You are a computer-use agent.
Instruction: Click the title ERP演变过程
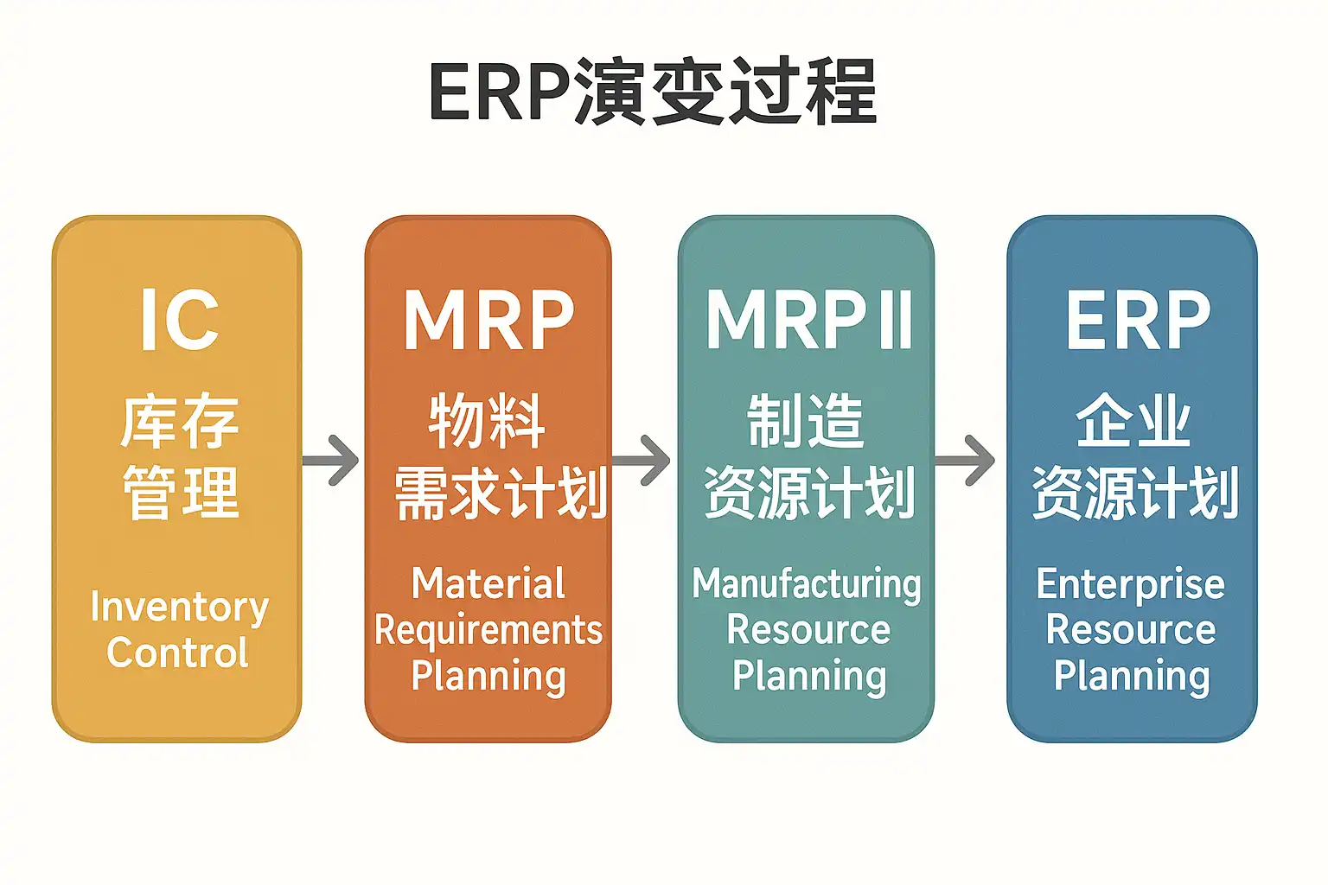pyautogui.click(x=653, y=92)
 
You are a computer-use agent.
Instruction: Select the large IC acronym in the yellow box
pyautogui.click(x=179, y=320)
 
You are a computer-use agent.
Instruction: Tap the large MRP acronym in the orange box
pyautogui.click(x=488, y=320)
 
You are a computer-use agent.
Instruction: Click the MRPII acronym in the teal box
pyautogui.click(x=809, y=320)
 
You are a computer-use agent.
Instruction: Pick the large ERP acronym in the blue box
pyautogui.click(x=1138, y=320)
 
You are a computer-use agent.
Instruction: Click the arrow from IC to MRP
pyautogui.click(x=332, y=460)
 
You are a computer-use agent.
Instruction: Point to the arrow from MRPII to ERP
pyautogui.click(x=967, y=460)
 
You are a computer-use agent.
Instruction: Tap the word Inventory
pyautogui.click(x=179, y=608)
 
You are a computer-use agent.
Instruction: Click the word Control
pyautogui.click(x=178, y=653)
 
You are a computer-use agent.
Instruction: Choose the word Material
pyautogui.click(x=488, y=583)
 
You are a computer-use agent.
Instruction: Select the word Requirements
pyautogui.click(x=488, y=630)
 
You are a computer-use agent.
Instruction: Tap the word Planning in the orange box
pyautogui.click(x=488, y=676)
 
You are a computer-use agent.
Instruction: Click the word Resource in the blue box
pyautogui.click(x=1131, y=630)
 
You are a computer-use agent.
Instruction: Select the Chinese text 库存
pyautogui.click(x=180, y=423)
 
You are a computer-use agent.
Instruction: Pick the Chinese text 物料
pyautogui.click(x=488, y=422)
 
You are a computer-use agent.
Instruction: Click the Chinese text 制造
pyautogui.click(x=806, y=422)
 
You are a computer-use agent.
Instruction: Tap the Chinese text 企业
pyautogui.click(x=1134, y=422)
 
